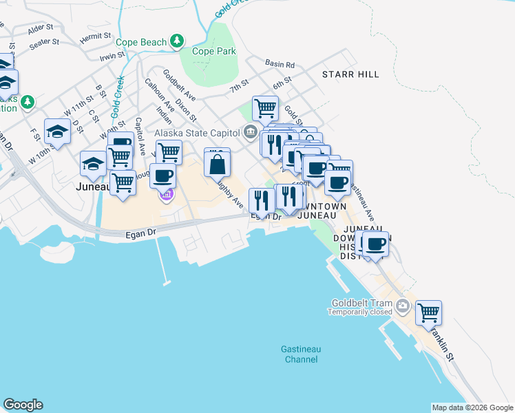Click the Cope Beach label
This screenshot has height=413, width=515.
point(140,42)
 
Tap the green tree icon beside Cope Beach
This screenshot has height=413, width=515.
point(178,42)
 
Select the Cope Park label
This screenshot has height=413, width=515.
point(213,51)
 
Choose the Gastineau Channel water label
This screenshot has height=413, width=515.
point(301,354)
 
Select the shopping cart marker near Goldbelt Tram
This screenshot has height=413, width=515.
point(428,313)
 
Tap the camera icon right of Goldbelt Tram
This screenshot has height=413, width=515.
point(403,305)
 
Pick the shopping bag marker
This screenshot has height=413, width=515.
point(217,164)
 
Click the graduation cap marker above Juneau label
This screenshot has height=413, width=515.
point(93,164)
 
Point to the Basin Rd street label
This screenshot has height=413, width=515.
point(281,65)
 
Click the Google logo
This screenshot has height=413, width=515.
point(23,405)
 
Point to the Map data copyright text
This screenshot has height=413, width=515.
point(472,407)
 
